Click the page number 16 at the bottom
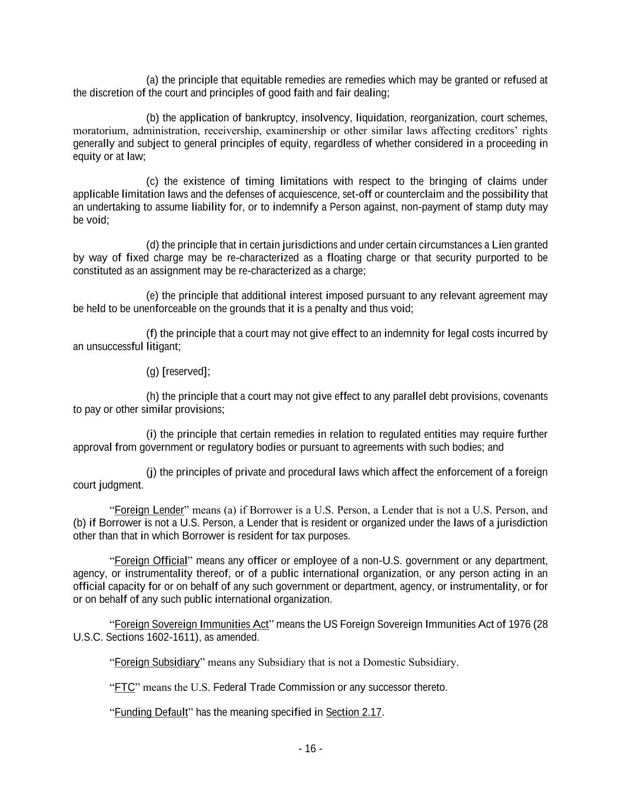point(310,749)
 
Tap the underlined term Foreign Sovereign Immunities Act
point(191,624)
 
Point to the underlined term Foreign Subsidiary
point(157,662)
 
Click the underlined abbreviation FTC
point(124,687)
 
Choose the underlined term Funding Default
point(151,712)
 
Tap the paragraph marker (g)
point(152,372)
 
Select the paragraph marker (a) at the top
point(152,80)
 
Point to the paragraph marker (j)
point(151,472)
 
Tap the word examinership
point(295,131)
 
